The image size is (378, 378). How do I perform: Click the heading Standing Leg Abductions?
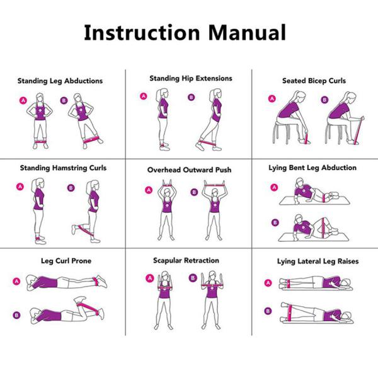60,81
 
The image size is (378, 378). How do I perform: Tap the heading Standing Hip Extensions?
190,79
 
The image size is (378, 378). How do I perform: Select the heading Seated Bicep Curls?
314,81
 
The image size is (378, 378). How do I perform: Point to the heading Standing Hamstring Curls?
63,168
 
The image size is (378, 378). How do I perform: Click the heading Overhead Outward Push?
188,170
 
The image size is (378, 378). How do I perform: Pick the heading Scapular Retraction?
186,260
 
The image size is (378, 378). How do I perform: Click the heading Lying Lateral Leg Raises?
312,261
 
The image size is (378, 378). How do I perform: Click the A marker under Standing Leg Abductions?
23,100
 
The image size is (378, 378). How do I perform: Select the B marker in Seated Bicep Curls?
324,100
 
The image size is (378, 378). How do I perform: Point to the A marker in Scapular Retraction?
150,277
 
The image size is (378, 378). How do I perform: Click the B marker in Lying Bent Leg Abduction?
274,222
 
